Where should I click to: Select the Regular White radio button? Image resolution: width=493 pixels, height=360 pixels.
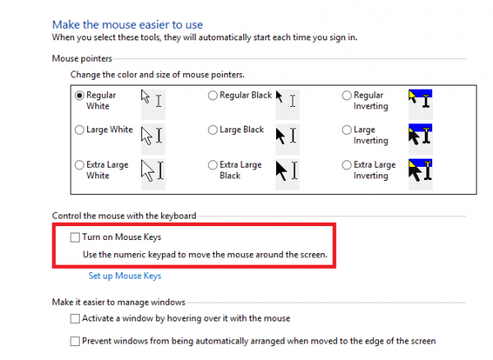pyautogui.click(x=80, y=95)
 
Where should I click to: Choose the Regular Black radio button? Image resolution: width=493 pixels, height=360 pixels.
pyautogui.click(x=213, y=95)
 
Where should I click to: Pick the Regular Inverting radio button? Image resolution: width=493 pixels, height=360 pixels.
pyautogui.click(x=347, y=95)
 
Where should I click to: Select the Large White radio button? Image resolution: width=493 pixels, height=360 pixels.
pyautogui.click(x=80, y=130)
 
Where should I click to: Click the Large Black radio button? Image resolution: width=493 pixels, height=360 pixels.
pyautogui.click(x=213, y=130)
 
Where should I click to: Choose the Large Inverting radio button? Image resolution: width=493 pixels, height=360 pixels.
pyautogui.click(x=347, y=130)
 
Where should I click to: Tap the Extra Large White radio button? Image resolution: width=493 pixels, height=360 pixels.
pyautogui.click(x=80, y=164)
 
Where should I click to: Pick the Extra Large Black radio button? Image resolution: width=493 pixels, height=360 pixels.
pyautogui.click(x=213, y=164)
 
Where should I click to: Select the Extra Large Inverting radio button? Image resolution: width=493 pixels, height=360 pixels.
pyautogui.click(x=347, y=164)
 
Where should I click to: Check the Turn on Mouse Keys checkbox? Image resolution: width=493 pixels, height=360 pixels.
pyautogui.click(x=75, y=238)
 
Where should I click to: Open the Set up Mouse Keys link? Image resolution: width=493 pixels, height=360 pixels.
pyautogui.click(x=125, y=275)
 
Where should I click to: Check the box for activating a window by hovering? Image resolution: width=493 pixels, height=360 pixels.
pyautogui.click(x=75, y=319)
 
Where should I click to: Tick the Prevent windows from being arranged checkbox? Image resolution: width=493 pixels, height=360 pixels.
pyautogui.click(x=75, y=341)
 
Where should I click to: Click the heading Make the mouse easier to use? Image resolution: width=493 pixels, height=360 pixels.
pyautogui.click(x=127, y=25)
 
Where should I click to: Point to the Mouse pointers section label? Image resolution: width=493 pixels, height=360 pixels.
pyautogui.click(x=82, y=58)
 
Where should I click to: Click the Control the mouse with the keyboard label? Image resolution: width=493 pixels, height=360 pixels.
pyautogui.click(x=124, y=215)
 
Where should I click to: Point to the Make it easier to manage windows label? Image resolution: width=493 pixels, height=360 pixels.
pyautogui.click(x=118, y=302)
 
